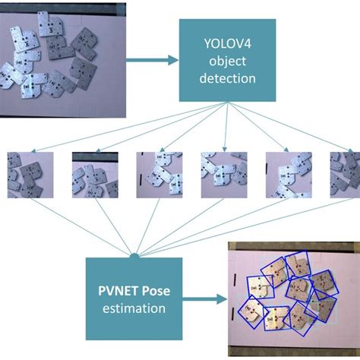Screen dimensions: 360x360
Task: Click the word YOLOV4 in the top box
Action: click(x=227, y=44)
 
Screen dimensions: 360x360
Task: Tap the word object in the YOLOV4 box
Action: click(x=227, y=62)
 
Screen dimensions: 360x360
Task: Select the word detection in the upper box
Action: click(x=227, y=78)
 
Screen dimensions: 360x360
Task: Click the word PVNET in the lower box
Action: click(x=118, y=291)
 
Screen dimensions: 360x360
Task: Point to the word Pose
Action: click(x=156, y=291)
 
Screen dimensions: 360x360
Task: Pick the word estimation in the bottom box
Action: click(x=134, y=308)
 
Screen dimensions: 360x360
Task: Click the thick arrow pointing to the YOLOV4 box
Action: click(x=153, y=60)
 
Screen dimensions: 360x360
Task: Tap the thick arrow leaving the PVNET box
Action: click(x=205, y=299)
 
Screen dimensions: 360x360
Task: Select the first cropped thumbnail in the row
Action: click(x=30, y=175)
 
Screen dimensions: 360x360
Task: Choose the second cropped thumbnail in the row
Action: click(x=95, y=175)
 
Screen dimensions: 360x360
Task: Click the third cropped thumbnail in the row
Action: click(x=159, y=175)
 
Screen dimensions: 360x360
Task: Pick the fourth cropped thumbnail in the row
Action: click(x=224, y=175)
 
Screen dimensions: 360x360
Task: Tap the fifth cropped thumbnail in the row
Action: click(x=289, y=175)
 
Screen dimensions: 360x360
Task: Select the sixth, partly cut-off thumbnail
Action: click(x=345, y=175)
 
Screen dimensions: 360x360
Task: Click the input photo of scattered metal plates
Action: click(x=63, y=60)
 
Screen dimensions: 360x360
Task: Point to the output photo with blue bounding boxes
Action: click(x=294, y=299)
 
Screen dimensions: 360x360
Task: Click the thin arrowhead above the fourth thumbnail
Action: click(x=224, y=150)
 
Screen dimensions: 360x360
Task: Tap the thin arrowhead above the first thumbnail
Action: click(x=33, y=151)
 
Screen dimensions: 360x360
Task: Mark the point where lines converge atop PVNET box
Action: click(x=134, y=255)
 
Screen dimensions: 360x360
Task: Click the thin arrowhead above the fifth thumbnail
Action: click(x=286, y=150)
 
